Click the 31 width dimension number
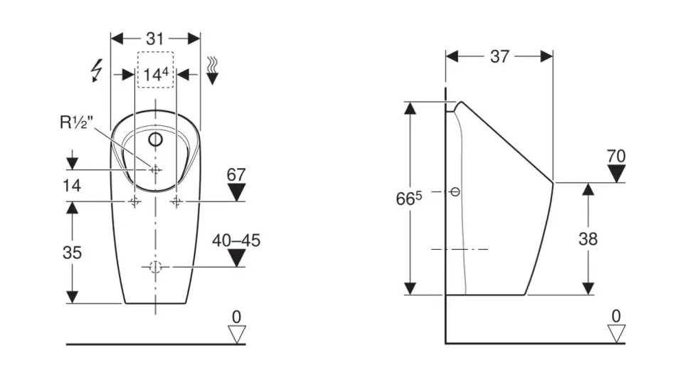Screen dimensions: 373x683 click(x=155, y=38)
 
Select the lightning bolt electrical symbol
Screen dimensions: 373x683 click(x=97, y=71)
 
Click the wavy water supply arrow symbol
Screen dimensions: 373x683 click(x=212, y=70)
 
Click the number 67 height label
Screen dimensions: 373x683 click(x=235, y=174)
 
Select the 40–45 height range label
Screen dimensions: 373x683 click(x=236, y=241)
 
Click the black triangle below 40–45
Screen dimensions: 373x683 click(x=236, y=258)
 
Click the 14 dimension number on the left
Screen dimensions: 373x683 click(x=71, y=186)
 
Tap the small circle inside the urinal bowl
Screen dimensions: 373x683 click(x=155, y=138)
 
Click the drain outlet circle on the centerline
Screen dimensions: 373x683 click(x=156, y=267)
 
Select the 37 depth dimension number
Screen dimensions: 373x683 click(x=499, y=56)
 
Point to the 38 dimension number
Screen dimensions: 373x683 click(x=588, y=239)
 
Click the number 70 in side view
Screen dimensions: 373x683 click(x=616, y=155)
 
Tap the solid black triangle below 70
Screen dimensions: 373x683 click(x=616, y=173)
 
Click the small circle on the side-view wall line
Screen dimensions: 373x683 click(x=456, y=191)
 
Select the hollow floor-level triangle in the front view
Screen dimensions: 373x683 click(x=236, y=333)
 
